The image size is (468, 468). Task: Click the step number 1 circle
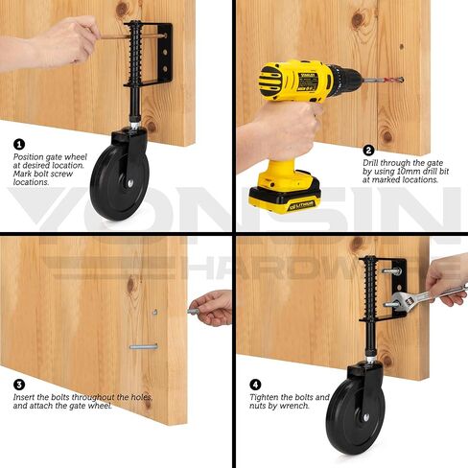19,145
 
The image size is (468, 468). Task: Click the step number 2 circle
368,150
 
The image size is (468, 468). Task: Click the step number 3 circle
19,384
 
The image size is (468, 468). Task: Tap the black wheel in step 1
119,182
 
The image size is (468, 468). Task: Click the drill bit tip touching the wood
400,80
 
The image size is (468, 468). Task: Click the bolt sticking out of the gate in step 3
143,346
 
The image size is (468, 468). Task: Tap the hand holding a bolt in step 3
213,308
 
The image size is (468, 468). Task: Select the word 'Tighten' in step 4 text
266,397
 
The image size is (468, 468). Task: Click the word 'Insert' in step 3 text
24,397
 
